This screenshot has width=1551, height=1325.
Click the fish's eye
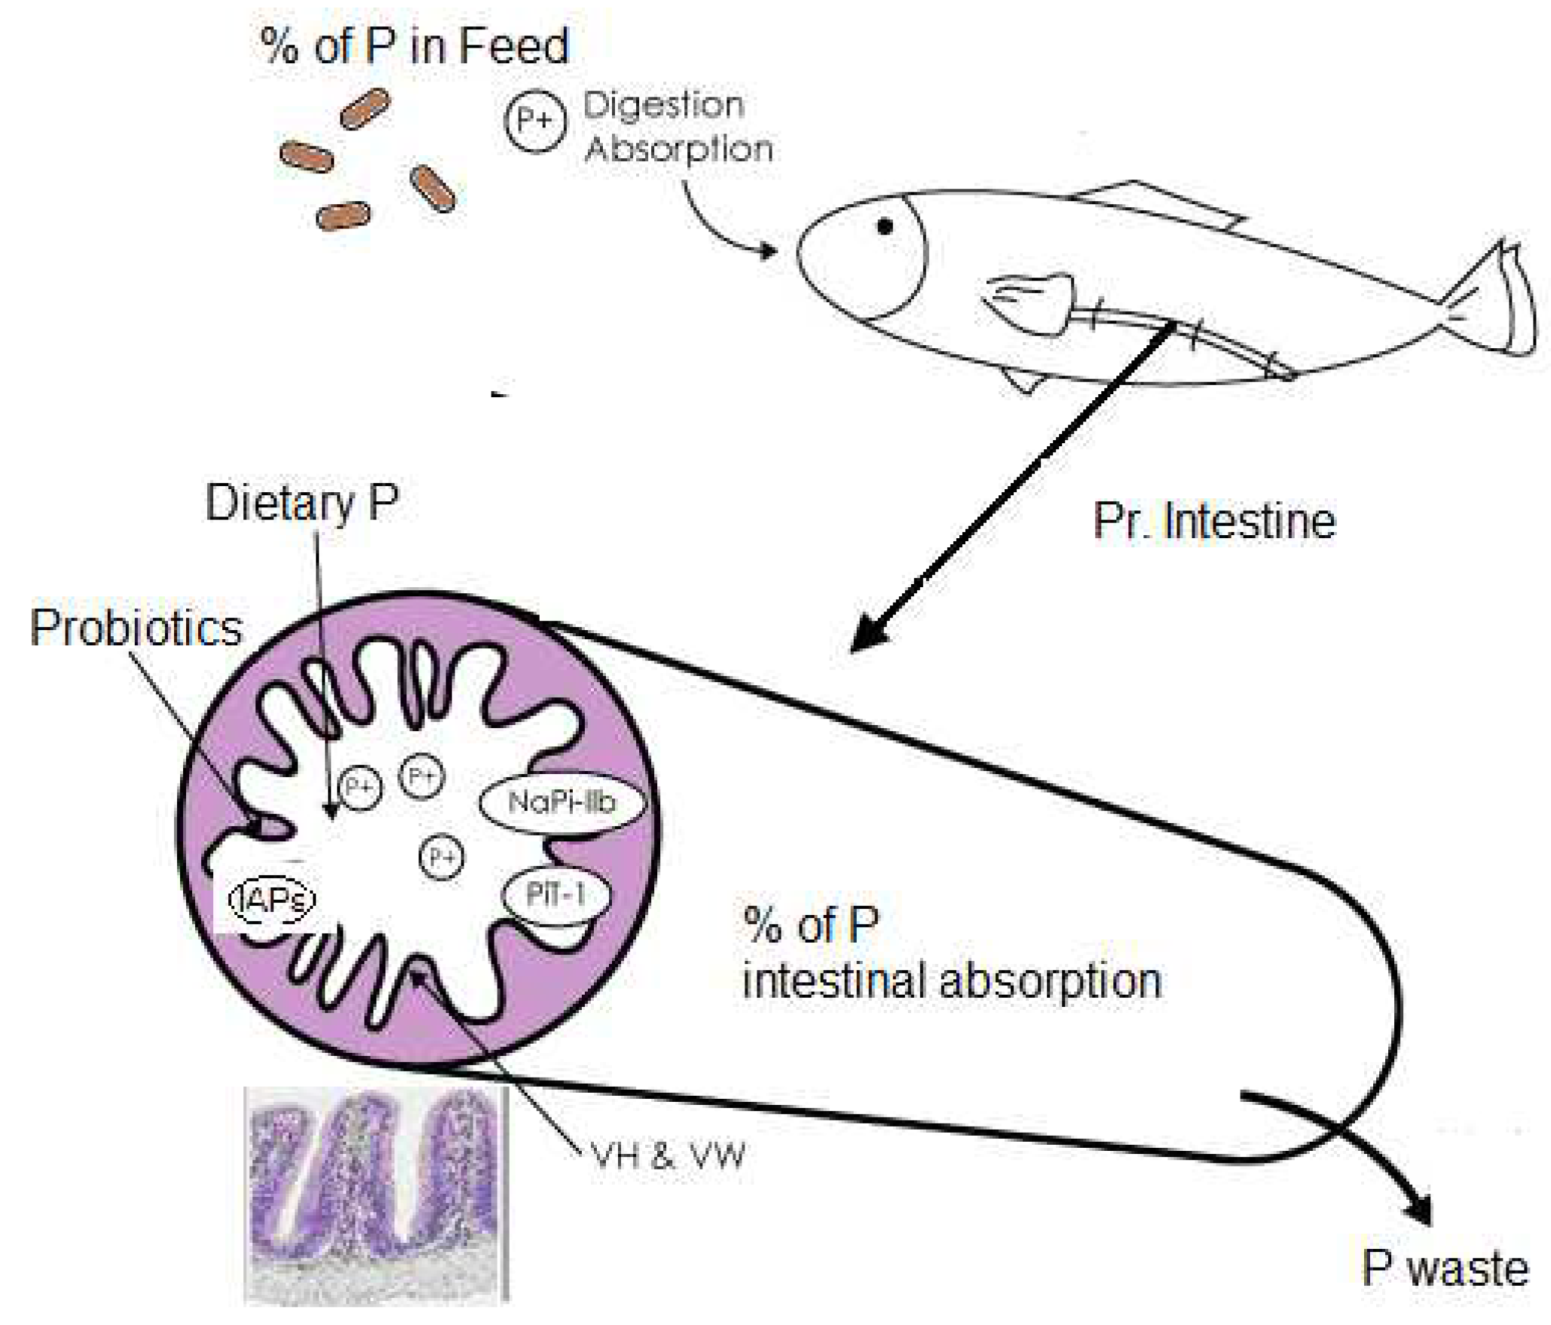pos(885,226)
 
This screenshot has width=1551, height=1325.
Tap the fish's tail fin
pos(1496,301)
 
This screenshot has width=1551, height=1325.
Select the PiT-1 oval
pos(556,895)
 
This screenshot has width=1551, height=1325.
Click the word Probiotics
pos(136,628)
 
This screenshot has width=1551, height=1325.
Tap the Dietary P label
pos(301,503)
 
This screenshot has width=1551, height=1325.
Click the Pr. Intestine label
pos(1214,521)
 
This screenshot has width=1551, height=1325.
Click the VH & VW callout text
pos(668,1155)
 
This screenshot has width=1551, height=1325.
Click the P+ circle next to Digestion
pos(535,121)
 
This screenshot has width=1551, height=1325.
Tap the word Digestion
pos(663,106)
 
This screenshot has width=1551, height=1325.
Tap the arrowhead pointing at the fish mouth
pos(769,250)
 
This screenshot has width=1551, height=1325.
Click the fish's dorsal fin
pos(1161,203)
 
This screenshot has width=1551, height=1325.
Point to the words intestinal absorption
pos(952,981)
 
